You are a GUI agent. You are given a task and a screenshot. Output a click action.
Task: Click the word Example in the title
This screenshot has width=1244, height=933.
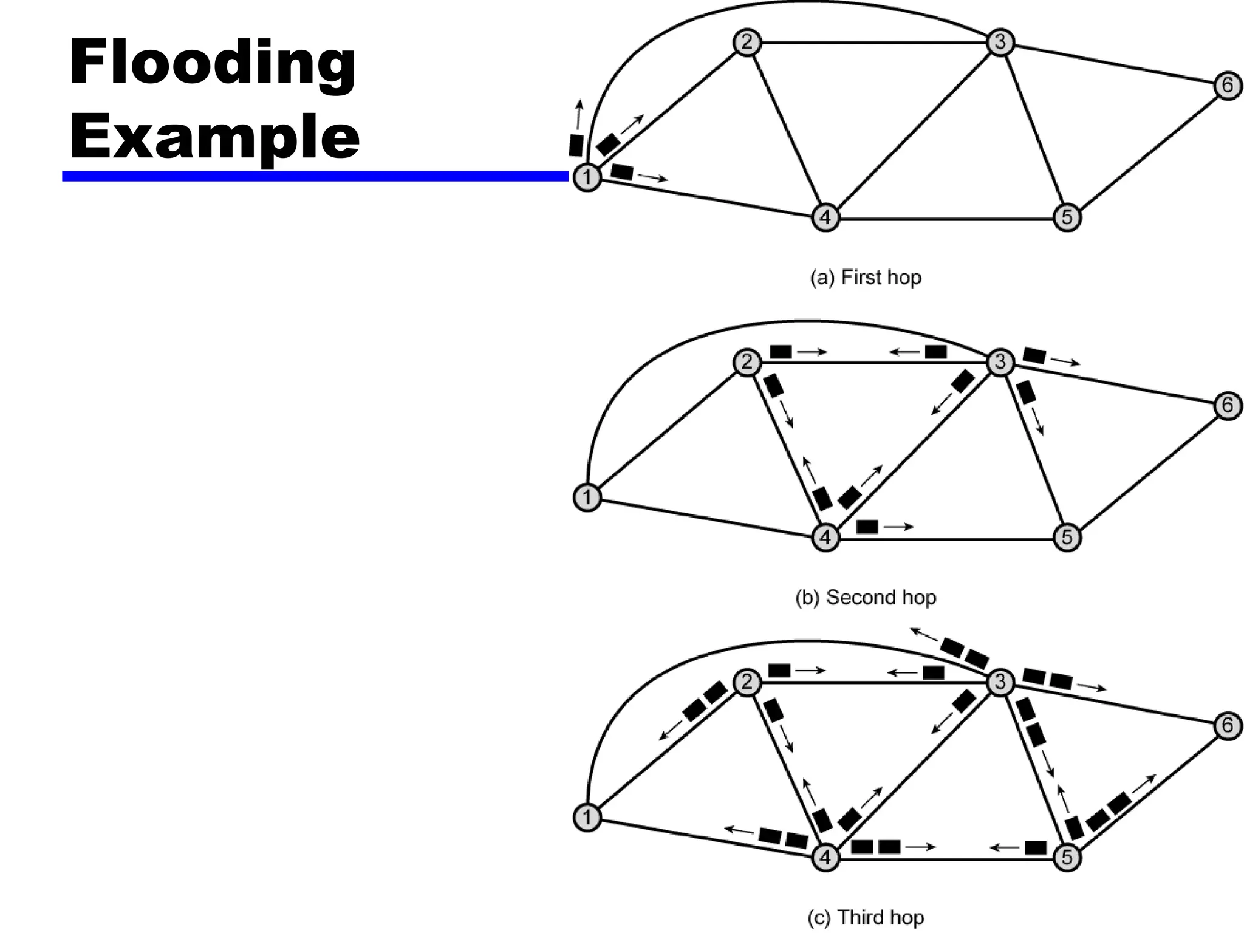pos(214,137)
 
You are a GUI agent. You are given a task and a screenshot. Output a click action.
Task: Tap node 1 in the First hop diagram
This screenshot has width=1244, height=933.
pos(587,177)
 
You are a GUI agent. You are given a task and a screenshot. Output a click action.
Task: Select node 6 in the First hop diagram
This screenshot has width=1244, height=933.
pos(1228,85)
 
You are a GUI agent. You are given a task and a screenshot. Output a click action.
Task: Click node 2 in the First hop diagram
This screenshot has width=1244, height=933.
pos(747,43)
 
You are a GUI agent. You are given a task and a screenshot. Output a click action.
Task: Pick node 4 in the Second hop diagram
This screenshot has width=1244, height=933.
pos(825,538)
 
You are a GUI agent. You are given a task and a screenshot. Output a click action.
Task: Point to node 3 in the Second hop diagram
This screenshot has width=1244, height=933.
pos(1000,362)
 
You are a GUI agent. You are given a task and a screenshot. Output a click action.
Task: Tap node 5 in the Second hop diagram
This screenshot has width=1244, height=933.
pos(1067,538)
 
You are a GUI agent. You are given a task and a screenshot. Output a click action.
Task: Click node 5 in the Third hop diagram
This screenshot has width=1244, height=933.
pos(1067,858)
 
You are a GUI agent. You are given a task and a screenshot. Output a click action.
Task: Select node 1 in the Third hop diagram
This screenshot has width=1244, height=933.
pos(587,818)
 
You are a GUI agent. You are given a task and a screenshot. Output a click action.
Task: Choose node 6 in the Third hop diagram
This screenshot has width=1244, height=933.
pos(1228,725)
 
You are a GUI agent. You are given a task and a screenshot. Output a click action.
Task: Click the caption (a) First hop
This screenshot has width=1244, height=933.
pos(866,278)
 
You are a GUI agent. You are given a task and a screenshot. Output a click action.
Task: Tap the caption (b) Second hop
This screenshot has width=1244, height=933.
pos(866,598)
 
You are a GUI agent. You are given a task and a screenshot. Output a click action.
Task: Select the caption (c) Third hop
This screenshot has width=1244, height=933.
pos(866,917)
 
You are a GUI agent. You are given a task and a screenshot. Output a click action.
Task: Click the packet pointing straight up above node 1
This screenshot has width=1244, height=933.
pos(576,145)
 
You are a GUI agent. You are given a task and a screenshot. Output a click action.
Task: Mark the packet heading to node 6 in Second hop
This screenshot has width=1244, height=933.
pos(1034,355)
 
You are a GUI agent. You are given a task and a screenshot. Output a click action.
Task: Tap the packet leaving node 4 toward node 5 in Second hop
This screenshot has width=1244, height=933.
pos(867,527)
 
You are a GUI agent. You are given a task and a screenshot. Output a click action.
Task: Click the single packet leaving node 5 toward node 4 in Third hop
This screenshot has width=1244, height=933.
pos(1036,847)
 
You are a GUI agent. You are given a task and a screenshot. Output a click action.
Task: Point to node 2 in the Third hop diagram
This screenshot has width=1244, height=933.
pos(747,682)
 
